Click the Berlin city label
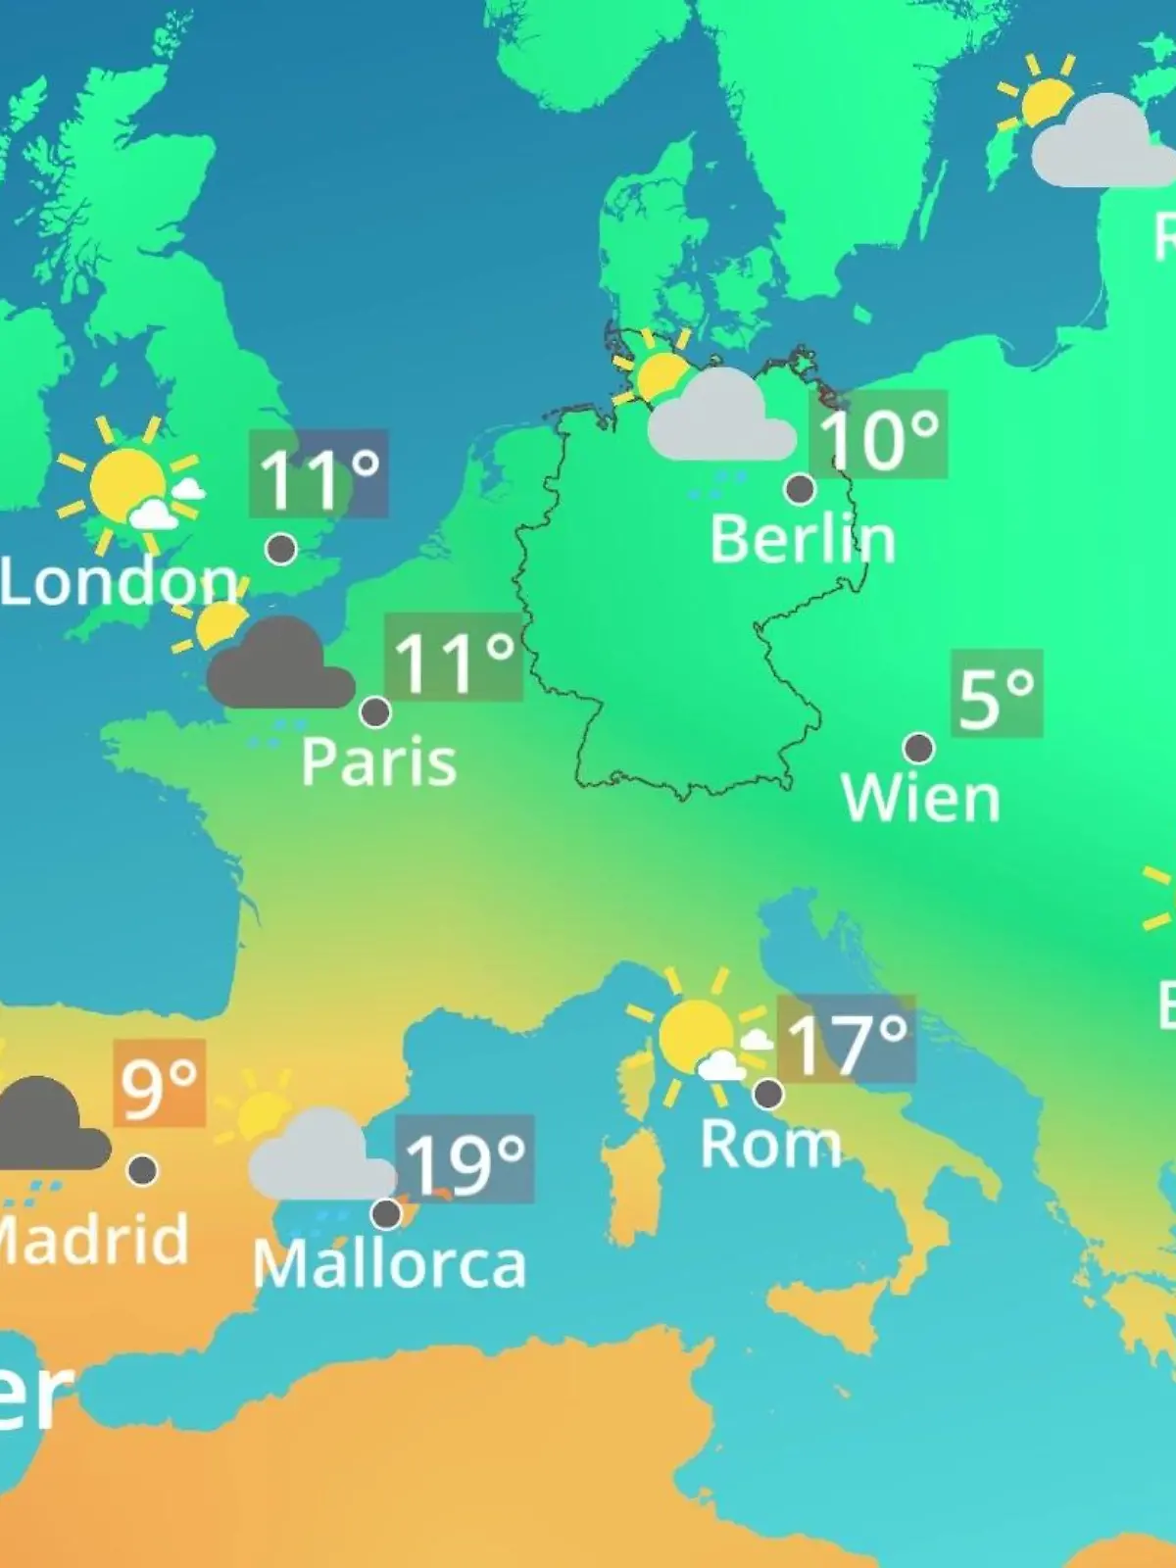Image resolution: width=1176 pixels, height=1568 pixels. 802,539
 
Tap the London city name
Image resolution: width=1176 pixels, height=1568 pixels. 119,582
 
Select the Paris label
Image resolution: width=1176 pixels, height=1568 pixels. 378,761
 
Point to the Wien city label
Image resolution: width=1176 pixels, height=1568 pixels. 920,798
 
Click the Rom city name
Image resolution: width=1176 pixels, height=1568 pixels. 770,1144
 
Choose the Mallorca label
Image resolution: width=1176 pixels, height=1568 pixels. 389,1264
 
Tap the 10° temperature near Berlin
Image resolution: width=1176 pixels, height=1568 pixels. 878,436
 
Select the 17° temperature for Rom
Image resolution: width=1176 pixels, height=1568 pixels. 847,1041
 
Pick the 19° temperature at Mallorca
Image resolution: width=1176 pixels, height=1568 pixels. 465,1161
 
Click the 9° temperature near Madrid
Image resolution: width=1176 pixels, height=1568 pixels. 160,1085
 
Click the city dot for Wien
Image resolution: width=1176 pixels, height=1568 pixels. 918,749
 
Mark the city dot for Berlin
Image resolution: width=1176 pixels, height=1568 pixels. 801,488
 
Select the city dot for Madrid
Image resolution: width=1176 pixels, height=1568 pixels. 143,1169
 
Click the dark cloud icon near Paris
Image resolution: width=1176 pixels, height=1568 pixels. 279,666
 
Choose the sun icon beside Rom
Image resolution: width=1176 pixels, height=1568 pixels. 696,1034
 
